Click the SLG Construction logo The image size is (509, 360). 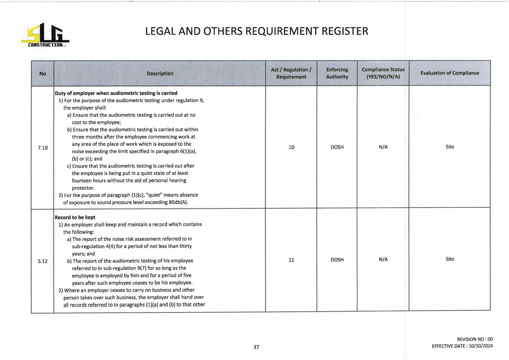pyautogui.click(x=45, y=35)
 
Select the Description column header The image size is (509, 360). pyautogui.click(x=160, y=73)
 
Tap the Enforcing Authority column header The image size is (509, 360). pyautogui.click(x=337, y=73)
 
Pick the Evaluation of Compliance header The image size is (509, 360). pyautogui.click(x=450, y=73)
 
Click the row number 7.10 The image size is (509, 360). pyautogui.click(x=43, y=148)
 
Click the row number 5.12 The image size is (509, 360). pyautogui.click(x=43, y=261)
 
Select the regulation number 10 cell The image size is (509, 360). pyautogui.click(x=291, y=147)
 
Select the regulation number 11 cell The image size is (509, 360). pyautogui.click(x=291, y=260)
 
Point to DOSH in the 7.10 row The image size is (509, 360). pyautogui.click(x=337, y=147)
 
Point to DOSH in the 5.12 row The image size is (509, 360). pyautogui.click(x=337, y=260)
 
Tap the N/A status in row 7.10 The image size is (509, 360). pyautogui.click(x=383, y=147)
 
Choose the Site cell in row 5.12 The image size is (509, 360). pyautogui.click(x=450, y=259)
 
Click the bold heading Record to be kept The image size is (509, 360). pyautogui.click(x=75, y=217)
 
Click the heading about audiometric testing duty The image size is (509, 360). pyautogui.click(x=116, y=93)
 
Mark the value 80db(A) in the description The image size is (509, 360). pyautogui.click(x=178, y=202)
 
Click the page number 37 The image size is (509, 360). pyautogui.click(x=256, y=347)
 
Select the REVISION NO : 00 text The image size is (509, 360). pyautogui.click(x=475, y=339)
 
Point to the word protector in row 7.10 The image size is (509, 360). pyautogui.click(x=83, y=188)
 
